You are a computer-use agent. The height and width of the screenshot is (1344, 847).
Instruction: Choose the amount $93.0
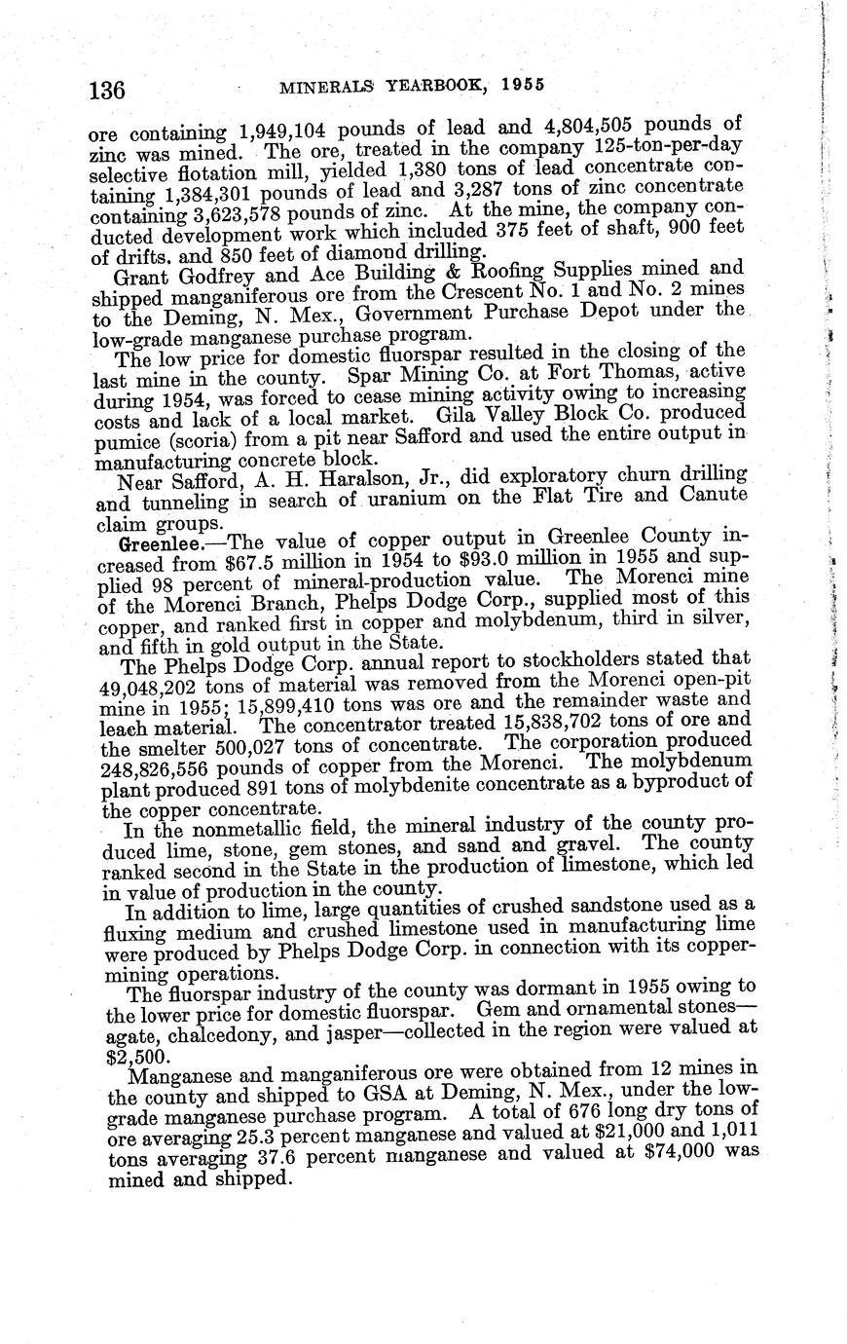[526, 559]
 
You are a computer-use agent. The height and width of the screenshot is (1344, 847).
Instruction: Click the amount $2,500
[128, 1055]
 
